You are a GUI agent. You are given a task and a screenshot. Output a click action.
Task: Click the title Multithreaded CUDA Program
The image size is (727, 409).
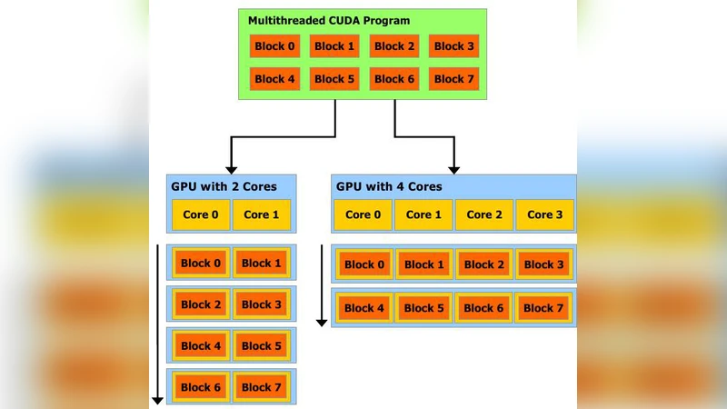click(x=329, y=20)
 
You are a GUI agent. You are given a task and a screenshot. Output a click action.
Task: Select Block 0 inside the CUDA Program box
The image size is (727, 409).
click(x=274, y=46)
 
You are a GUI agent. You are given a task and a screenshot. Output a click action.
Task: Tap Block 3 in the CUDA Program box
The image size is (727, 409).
click(x=453, y=46)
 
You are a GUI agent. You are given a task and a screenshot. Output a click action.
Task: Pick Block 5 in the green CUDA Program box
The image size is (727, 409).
click(x=334, y=79)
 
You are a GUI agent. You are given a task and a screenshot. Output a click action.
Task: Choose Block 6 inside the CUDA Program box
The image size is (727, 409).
click(x=394, y=79)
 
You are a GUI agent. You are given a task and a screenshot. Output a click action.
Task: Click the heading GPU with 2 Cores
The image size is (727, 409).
click(x=224, y=186)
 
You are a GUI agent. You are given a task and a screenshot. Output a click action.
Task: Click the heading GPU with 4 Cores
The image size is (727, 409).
click(x=389, y=186)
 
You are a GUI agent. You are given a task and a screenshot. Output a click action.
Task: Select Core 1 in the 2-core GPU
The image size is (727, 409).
click(x=262, y=214)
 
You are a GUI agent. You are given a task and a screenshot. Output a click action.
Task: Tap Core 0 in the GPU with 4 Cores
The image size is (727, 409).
click(x=363, y=214)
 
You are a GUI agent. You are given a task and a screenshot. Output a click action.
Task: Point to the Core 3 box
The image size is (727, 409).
click(x=545, y=214)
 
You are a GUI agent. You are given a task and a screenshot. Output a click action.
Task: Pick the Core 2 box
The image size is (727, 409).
click(x=484, y=214)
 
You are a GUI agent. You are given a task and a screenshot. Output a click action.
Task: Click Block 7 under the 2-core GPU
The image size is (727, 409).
click(x=262, y=387)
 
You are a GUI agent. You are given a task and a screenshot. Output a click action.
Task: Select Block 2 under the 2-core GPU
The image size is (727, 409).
click(x=201, y=304)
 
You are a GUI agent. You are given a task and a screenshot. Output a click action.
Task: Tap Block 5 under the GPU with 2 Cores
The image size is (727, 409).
click(x=262, y=345)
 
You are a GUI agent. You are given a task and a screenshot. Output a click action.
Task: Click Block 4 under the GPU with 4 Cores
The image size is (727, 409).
click(x=363, y=308)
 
